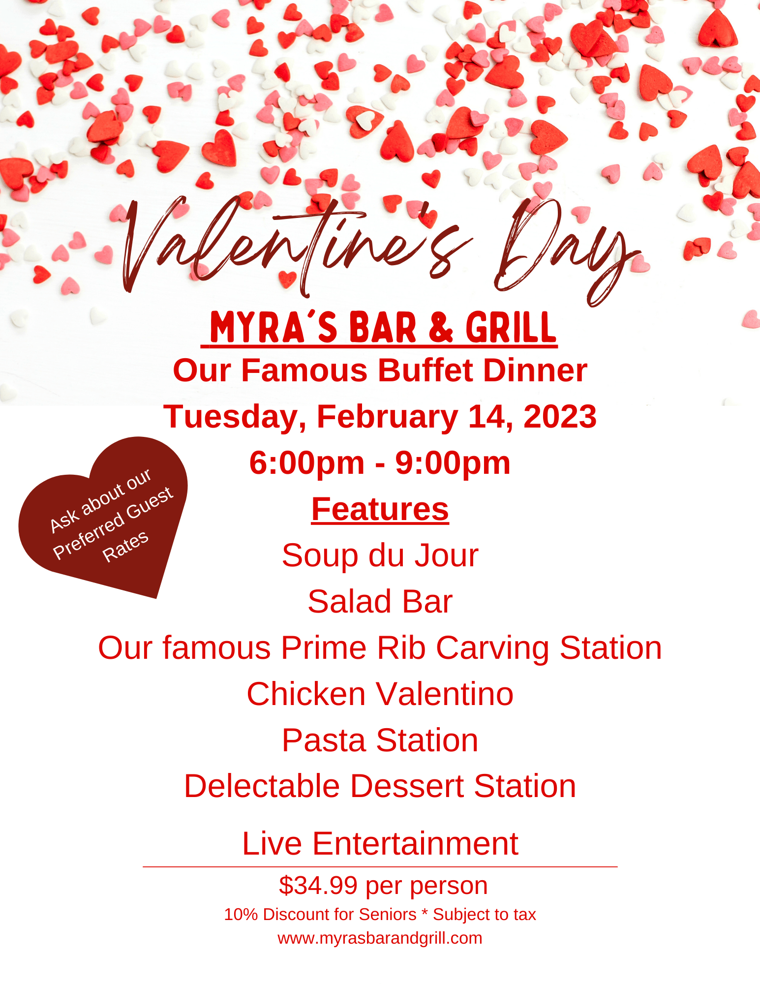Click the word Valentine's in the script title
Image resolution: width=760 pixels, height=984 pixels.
[295, 246]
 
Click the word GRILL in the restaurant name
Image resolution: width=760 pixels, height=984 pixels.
[511, 328]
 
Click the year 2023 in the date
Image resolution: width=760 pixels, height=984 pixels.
[560, 416]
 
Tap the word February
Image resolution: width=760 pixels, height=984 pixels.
[387, 417]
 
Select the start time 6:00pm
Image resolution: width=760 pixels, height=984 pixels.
[306, 463]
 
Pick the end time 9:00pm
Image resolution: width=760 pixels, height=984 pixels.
[453, 463]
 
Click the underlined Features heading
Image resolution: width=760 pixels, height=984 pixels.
[380, 509]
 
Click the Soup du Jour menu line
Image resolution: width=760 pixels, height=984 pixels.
[380, 555]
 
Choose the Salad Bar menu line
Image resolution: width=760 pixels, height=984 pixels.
[380, 601]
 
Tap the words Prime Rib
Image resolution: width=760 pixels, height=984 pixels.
[353, 647]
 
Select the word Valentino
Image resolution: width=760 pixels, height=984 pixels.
[445, 694]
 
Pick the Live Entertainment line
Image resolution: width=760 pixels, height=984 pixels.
[380, 843]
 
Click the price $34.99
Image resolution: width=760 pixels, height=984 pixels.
[318, 886]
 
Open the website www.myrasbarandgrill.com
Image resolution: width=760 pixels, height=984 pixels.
[380, 939]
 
